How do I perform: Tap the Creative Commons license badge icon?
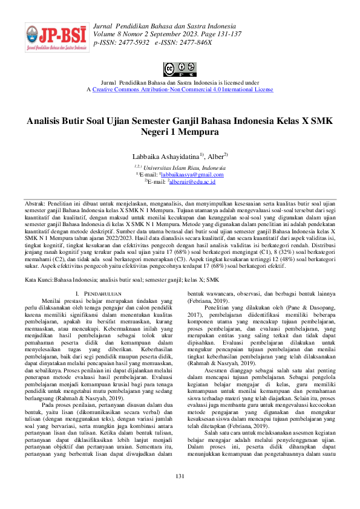(x=180, y=70)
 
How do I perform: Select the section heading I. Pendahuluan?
(x=101, y=293)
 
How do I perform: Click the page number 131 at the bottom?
(x=180, y=494)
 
